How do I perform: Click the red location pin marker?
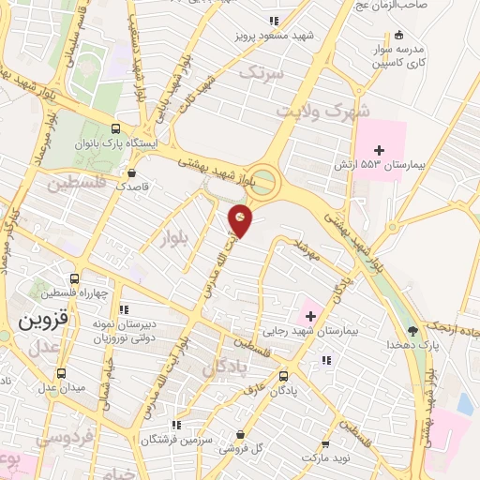click(241, 219)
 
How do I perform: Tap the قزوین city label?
click(38, 320)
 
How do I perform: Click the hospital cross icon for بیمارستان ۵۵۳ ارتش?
click(379, 150)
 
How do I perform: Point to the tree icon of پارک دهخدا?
click(412, 331)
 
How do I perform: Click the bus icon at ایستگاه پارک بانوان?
click(115, 129)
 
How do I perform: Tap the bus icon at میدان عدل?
click(61, 372)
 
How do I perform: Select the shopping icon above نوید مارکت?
click(325, 443)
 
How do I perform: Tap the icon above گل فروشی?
click(243, 435)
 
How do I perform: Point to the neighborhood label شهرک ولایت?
click(316, 111)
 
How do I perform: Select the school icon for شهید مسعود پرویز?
click(273, 21)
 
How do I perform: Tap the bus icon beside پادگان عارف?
click(283, 375)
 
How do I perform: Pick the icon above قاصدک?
click(130, 172)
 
